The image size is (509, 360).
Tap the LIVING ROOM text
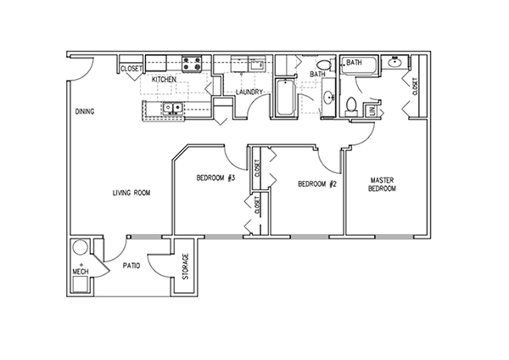(131, 193)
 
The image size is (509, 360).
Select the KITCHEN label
(164, 78)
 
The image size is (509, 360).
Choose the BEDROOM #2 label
(318, 183)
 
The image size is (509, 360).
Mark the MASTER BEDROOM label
(382, 184)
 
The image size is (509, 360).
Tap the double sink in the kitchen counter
(172, 108)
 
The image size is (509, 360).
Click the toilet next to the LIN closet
(352, 104)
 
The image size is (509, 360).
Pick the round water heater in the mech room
(80, 248)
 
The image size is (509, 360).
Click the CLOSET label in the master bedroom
(415, 86)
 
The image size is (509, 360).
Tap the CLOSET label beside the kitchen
(131, 68)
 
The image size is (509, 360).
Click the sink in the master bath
(394, 63)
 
